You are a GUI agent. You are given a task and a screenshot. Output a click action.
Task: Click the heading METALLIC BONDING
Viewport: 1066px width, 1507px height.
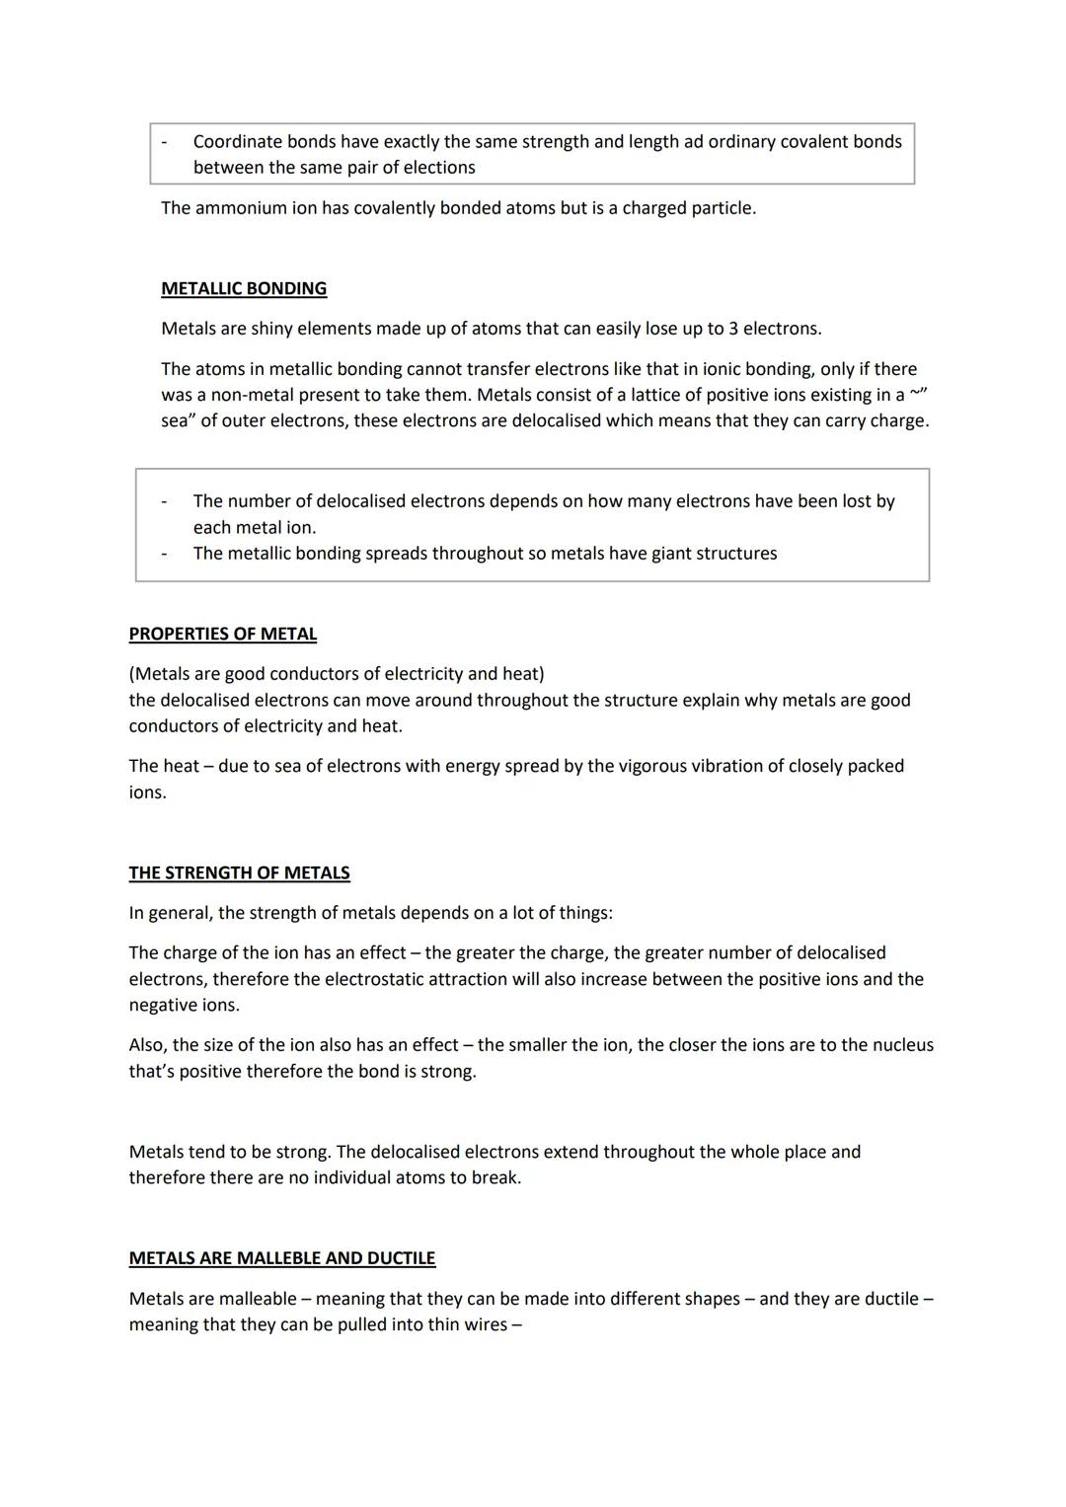click(244, 288)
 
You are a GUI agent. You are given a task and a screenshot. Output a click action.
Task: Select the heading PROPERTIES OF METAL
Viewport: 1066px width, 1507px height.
click(222, 634)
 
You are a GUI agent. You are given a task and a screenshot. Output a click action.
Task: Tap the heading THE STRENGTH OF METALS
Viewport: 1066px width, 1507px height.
click(239, 872)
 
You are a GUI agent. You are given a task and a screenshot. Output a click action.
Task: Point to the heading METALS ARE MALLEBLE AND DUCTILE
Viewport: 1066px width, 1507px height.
click(281, 1258)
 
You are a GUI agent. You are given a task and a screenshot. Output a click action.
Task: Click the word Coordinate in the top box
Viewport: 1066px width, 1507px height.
click(237, 141)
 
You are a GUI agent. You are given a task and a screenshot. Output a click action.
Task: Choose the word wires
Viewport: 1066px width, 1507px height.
click(483, 1324)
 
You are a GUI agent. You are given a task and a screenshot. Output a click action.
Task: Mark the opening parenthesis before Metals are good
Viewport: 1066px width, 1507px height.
click(132, 674)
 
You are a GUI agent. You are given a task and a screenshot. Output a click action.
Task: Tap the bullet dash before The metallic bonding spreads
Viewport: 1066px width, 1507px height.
click(164, 553)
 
